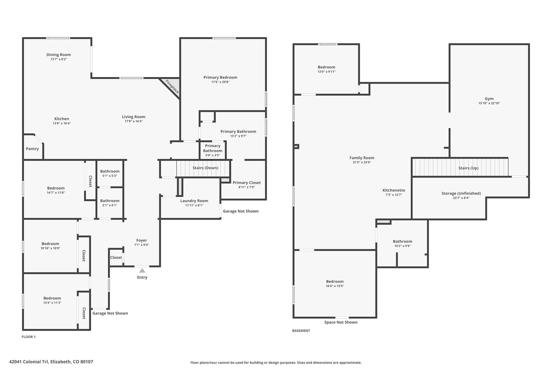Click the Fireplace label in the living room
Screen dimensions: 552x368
tap(172, 87)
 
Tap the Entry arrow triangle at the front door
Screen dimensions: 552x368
tap(142, 270)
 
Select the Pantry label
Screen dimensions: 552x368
tap(32, 149)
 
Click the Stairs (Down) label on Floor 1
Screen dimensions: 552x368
tap(205, 168)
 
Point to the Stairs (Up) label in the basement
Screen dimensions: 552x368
tap(468, 168)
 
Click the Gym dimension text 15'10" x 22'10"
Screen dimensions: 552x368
tap(489, 103)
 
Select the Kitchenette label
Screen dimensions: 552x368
tap(394, 190)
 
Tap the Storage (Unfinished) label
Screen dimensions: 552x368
tap(461, 193)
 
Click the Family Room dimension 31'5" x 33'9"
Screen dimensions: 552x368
tap(362, 162)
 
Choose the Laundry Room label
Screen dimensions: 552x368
tap(194, 201)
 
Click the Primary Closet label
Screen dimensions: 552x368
tap(247, 183)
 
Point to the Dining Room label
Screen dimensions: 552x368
tap(58, 55)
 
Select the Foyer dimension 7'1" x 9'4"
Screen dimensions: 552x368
tap(142, 245)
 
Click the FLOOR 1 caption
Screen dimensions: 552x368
tap(29, 337)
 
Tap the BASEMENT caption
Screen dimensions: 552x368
tap(301, 331)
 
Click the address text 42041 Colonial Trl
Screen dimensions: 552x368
tap(29, 362)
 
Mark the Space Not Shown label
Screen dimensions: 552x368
tap(341, 322)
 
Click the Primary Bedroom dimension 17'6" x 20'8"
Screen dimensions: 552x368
tap(220, 82)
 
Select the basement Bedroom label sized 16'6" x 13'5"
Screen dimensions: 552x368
tap(335, 281)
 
